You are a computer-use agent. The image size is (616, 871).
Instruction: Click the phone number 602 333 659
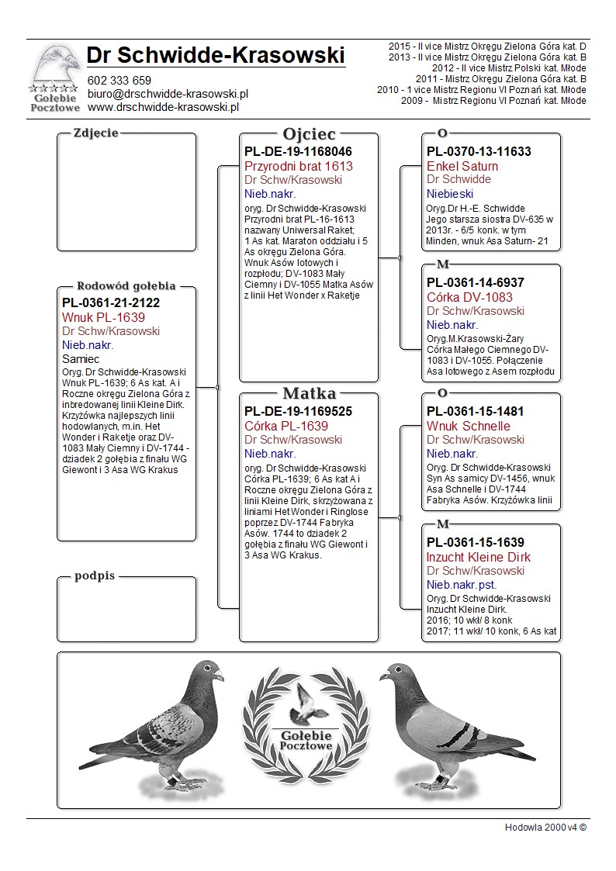(119, 80)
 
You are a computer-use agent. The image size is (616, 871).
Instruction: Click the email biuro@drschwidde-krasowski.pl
(168, 93)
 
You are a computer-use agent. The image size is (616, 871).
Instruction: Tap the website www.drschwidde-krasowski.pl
(162, 106)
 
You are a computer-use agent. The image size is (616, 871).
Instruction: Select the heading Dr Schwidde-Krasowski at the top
(216, 56)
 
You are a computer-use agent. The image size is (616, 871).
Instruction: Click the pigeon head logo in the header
(55, 64)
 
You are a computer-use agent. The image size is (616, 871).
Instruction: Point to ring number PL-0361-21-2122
(111, 303)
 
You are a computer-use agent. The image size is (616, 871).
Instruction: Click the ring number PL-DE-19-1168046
(298, 151)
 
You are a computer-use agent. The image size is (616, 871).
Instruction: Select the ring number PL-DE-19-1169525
(298, 411)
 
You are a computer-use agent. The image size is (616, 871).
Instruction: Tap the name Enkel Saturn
(462, 166)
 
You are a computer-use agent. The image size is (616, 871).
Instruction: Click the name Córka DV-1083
(469, 297)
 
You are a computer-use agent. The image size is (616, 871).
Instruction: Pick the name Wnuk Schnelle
(469, 426)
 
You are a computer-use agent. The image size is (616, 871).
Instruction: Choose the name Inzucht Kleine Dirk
(479, 557)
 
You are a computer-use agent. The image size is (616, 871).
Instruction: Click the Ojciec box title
(309, 133)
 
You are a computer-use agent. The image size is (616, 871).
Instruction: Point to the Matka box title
(309, 393)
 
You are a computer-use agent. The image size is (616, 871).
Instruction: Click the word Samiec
(81, 359)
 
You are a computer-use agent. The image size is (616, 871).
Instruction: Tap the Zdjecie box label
(95, 133)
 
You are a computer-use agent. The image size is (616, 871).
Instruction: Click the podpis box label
(94, 576)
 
